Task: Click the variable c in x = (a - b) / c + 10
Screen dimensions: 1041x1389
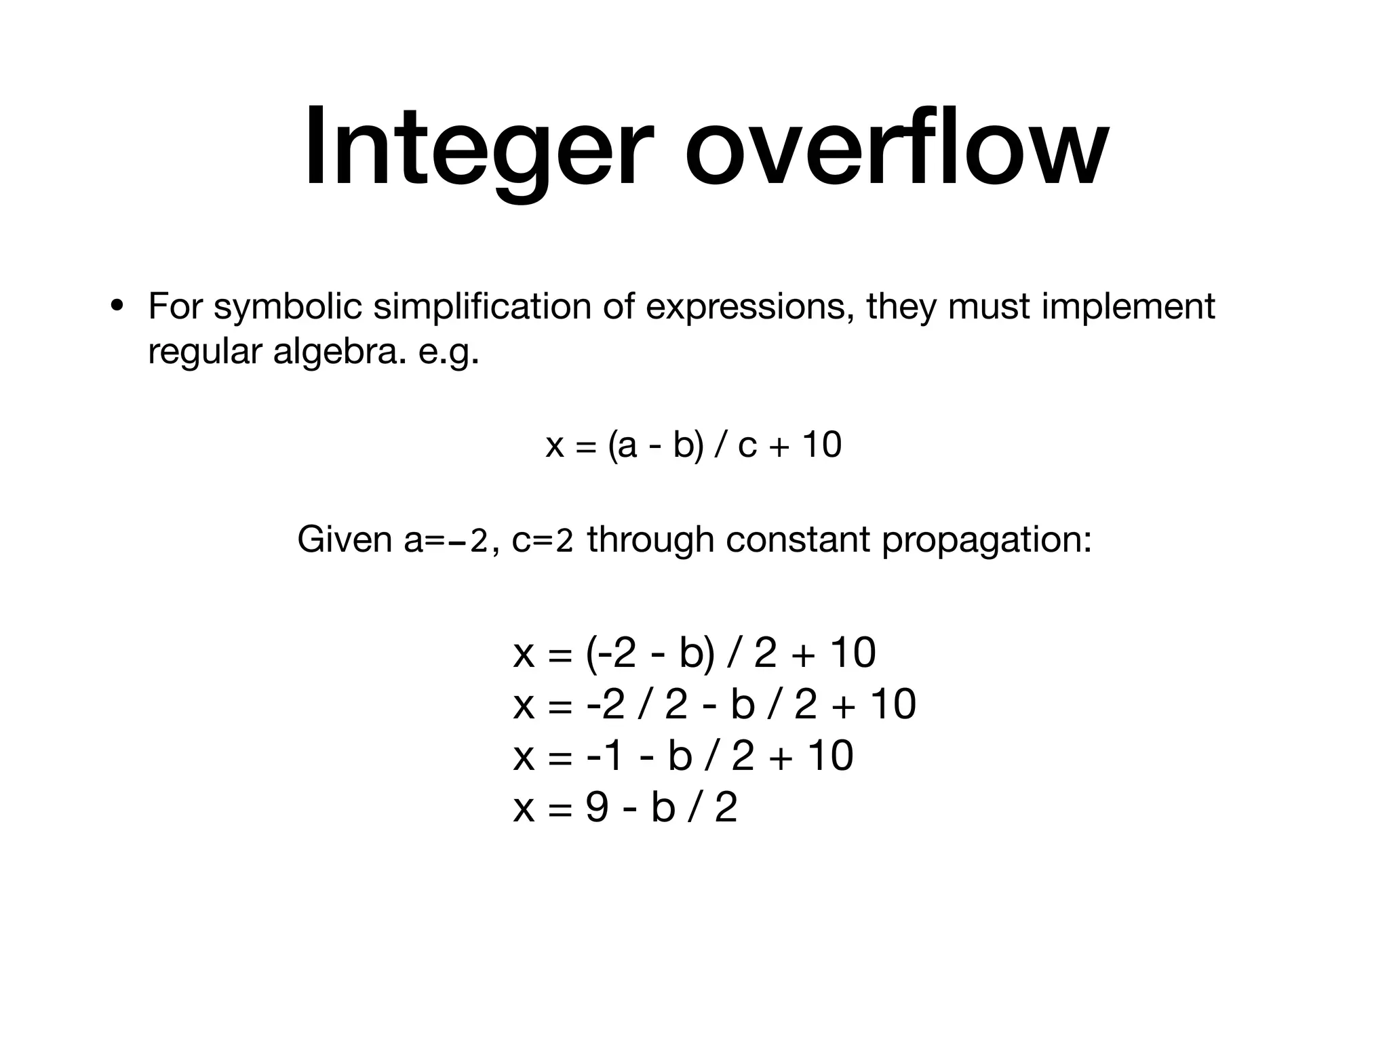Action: click(x=746, y=446)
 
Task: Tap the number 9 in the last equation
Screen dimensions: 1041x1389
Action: click(x=596, y=808)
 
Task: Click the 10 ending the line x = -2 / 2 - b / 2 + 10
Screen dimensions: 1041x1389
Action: click(x=893, y=704)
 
